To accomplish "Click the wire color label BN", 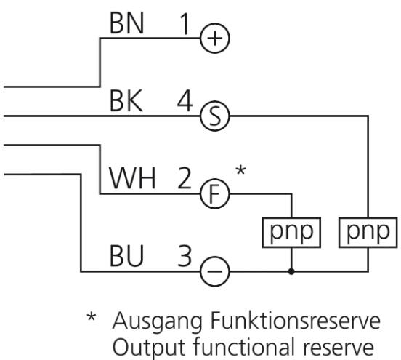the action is [x=127, y=24].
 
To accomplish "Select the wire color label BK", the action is [x=126, y=101].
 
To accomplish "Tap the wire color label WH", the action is [x=132, y=178].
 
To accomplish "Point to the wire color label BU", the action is [x=126, y=256].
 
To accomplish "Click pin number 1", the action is [x=185, y=24].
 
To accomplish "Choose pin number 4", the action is [x=185, y=101].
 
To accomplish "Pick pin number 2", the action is [x=185, y=178].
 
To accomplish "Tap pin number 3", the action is [x=185, y=256].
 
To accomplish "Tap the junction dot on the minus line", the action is [x=291, y=271].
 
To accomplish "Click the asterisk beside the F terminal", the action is [x=240, y=170].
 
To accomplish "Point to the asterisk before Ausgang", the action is [x=92, y=316].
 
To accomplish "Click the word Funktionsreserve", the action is [x=295, y=320].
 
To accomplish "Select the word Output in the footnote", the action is [x=149, y=348].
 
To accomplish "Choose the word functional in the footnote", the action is [x=243, y=346].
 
